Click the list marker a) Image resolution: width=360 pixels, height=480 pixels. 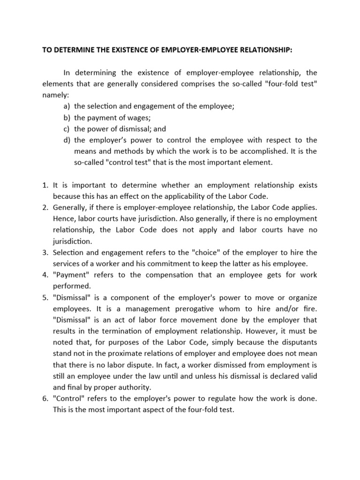click(67, 106)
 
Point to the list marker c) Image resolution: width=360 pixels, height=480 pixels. click(67, 128)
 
